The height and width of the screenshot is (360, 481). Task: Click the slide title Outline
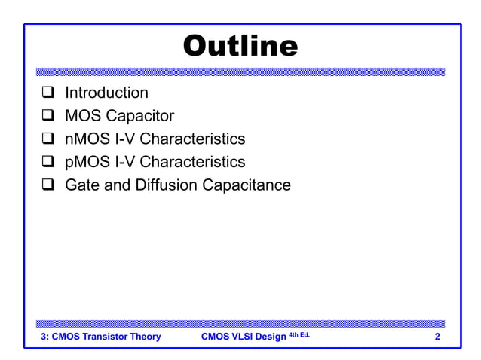pos(240,47)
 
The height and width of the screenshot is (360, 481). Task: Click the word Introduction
pos(106,93)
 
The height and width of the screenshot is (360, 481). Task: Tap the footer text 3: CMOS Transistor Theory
pos(100,337)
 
